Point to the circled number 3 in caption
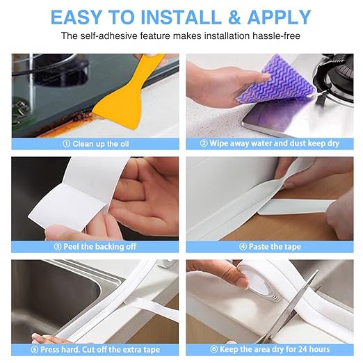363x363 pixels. [58, 247]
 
